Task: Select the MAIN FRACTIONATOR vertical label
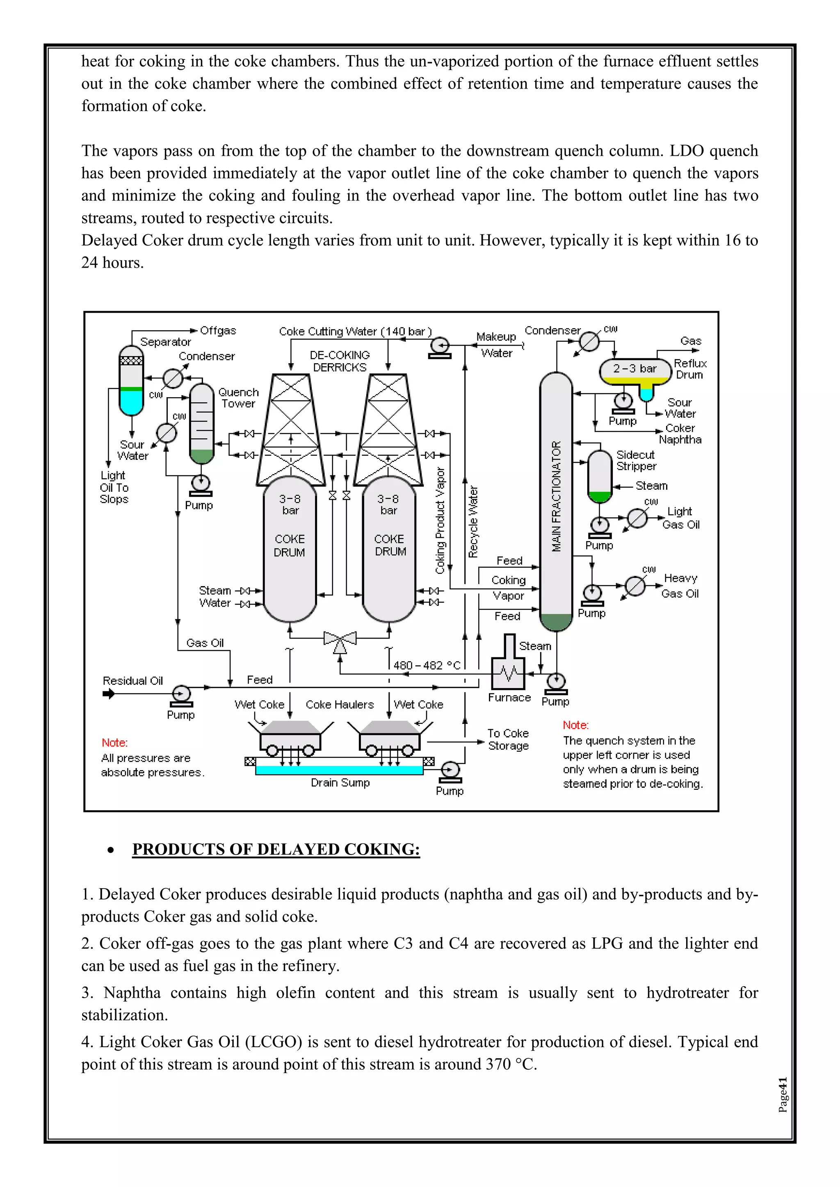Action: [556, 496]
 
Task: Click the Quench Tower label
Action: [238, 398]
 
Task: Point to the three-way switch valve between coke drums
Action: [340, 640]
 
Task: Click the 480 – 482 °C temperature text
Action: [427, 665]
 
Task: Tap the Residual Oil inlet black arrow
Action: [109, 694]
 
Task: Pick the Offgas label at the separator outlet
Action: [218, 330]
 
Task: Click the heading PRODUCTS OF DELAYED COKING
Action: [276, 849]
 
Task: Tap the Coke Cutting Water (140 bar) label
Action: [355, 332]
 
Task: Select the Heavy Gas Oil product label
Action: [680, 586]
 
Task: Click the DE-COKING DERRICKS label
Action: [340, 361]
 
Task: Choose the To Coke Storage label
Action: [508, 739]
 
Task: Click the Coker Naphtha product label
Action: [680, 434]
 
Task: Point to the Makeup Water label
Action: [496, 345]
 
